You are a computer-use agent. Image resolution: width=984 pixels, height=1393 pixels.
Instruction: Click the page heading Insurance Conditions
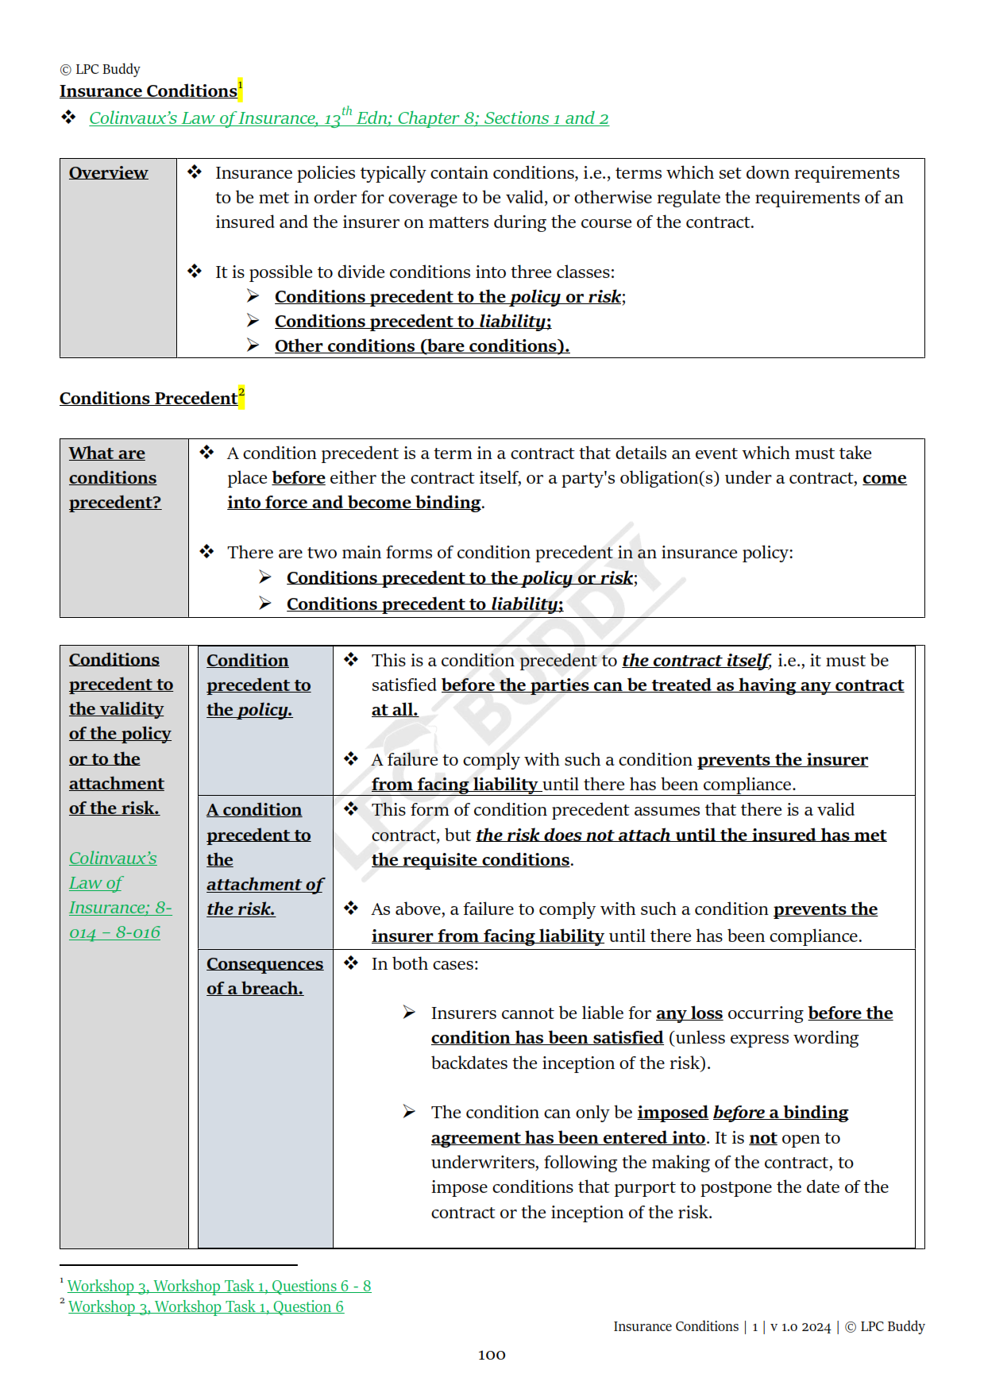coord(148,91)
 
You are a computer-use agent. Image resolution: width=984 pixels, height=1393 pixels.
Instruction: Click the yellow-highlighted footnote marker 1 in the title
coord(241,88)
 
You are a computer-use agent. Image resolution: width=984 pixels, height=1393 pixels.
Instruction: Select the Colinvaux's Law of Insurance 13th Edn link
coord(348,118)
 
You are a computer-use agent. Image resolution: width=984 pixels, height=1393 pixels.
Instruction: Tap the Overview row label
coord(108,173)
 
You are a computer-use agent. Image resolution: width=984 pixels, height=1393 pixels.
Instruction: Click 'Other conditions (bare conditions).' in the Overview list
coord(422,346)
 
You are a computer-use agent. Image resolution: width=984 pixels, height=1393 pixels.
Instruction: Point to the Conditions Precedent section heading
coord(148,399)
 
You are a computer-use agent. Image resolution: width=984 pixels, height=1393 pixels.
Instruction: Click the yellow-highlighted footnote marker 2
coord(241,395)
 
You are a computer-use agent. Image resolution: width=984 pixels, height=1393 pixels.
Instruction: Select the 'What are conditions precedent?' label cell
coord(114,477)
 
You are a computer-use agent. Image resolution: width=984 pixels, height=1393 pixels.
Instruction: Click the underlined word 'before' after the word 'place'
coord(299,478)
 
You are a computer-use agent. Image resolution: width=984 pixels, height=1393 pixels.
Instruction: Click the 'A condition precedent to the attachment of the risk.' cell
coord(264,859)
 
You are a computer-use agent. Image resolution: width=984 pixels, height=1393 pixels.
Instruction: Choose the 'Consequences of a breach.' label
coord(264,976)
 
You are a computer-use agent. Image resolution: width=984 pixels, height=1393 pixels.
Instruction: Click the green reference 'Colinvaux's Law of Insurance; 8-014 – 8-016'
coord(119,895)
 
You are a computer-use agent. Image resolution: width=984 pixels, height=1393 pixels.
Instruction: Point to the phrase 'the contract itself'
coord(696,661)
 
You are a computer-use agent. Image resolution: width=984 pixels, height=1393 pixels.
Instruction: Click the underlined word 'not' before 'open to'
coord(762,1138)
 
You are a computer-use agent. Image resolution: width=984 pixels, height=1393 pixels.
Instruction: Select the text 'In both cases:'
coord(424,964)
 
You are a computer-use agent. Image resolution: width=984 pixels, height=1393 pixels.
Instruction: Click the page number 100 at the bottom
coord(492,1355)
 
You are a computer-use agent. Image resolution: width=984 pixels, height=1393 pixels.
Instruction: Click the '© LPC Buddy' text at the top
coord(100,69)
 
